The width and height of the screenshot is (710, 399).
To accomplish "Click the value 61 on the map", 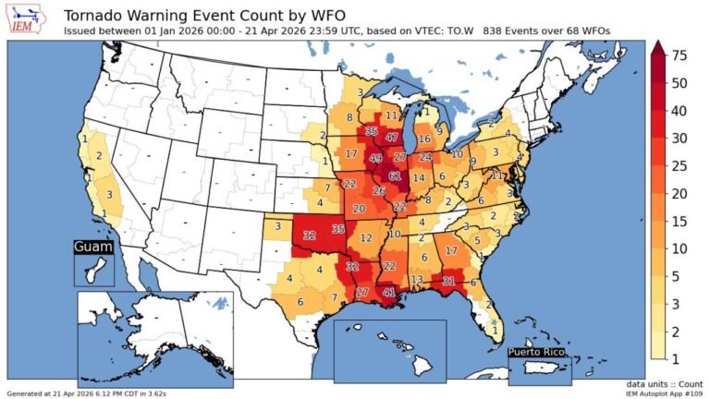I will pos(395,175).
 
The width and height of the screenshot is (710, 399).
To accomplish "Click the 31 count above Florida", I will pos(448,281).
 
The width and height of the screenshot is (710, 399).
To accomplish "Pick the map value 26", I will pos(378,191).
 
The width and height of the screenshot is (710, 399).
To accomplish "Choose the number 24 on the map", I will pos(425,157).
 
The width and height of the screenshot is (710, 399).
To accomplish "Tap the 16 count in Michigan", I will pos(424,139).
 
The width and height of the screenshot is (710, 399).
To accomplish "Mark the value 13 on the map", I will pos(417,280).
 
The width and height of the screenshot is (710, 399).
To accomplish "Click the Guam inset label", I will pos(92,248).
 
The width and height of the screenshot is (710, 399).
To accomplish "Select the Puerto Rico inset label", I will pos(540,353).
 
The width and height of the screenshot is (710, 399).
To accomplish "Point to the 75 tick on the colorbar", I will pos(679,55).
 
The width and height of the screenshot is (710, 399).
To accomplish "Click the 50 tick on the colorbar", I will pos(679,83).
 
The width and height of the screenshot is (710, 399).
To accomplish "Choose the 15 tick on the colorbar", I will pos(679,222).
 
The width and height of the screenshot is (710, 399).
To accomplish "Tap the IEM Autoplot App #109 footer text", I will pos(658,393).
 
